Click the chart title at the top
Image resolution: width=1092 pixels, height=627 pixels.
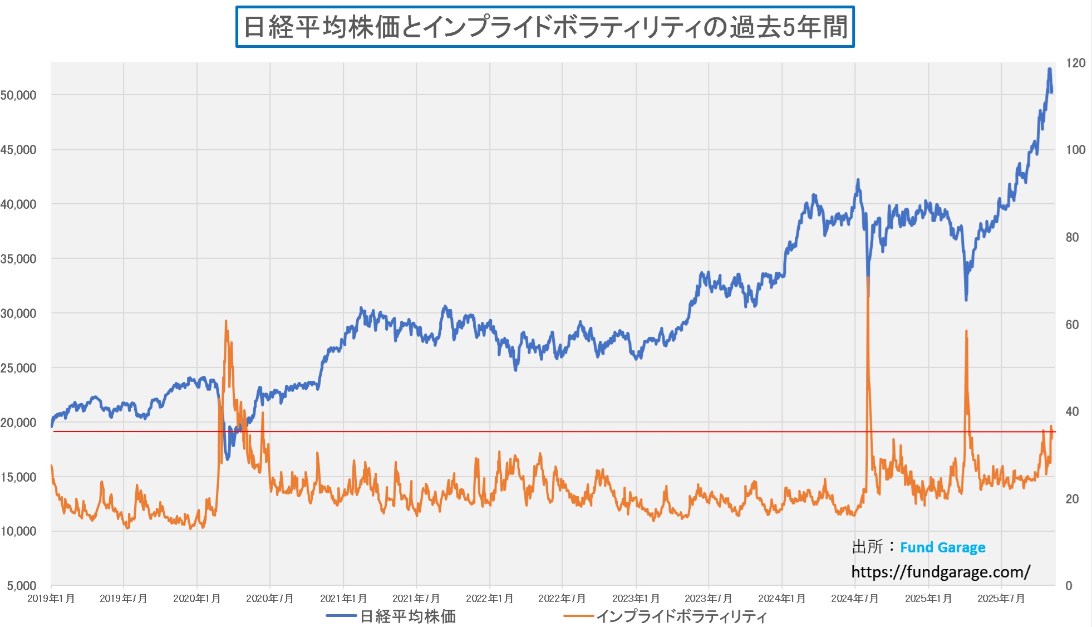pos(545,27)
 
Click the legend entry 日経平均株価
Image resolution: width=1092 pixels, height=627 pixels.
pos(407,616)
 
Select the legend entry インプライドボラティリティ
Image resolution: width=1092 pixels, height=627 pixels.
pos(681,616)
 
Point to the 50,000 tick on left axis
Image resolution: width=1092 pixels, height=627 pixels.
pos(18,95)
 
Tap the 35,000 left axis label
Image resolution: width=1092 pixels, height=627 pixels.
pos(18,259)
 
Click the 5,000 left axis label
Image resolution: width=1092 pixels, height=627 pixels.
pos(22,586)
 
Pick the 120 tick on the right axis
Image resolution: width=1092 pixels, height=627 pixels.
pos(1075,63)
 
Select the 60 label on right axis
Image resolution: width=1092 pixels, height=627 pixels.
pos(1072,325)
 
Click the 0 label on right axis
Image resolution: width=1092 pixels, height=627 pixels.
pos(1069,586)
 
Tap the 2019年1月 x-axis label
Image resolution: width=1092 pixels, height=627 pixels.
pos(51,599)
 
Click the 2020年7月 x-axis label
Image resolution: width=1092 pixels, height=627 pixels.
pos(270,599)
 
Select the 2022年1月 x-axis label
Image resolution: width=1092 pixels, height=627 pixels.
pos(490,599)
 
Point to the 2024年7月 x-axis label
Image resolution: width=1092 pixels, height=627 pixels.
pos(855,599)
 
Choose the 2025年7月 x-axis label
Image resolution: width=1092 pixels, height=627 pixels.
pos(1001,599)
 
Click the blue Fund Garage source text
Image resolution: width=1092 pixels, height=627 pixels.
pos(942,547)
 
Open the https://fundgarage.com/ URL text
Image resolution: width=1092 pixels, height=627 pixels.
pos(941,572)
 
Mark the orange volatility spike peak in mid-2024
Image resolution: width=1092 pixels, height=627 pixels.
pos(868,278)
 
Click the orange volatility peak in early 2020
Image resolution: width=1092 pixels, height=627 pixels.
pos(225,321)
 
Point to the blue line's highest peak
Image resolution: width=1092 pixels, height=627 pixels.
pos(1049,69)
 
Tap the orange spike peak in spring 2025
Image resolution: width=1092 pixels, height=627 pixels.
pos(966,331)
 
